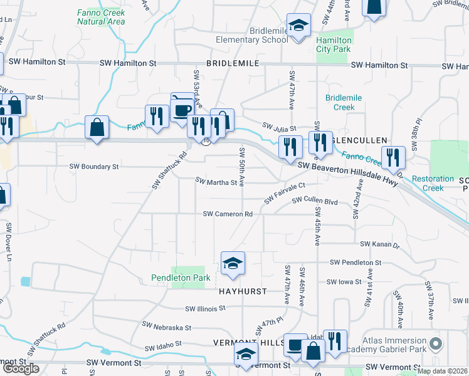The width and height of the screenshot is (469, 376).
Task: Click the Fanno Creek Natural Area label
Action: [x=101, y=17]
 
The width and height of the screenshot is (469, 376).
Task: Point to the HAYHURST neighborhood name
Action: [x=243, y=291]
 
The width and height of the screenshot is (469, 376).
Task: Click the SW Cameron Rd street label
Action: [x=227, y=214]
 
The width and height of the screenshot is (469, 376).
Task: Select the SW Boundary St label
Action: [x=93, y=167]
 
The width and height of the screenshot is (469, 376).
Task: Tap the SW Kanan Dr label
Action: [x=379, y=244]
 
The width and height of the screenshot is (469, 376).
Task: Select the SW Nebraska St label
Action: [x=166, y=326]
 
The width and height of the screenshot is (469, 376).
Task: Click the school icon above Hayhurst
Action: [x=233, y=263]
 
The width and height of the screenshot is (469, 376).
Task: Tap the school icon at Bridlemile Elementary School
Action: [x=298, y=26]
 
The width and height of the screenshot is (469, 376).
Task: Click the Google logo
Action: [x=21, y=368]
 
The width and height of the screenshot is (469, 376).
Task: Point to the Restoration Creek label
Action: [x=433, y=183]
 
